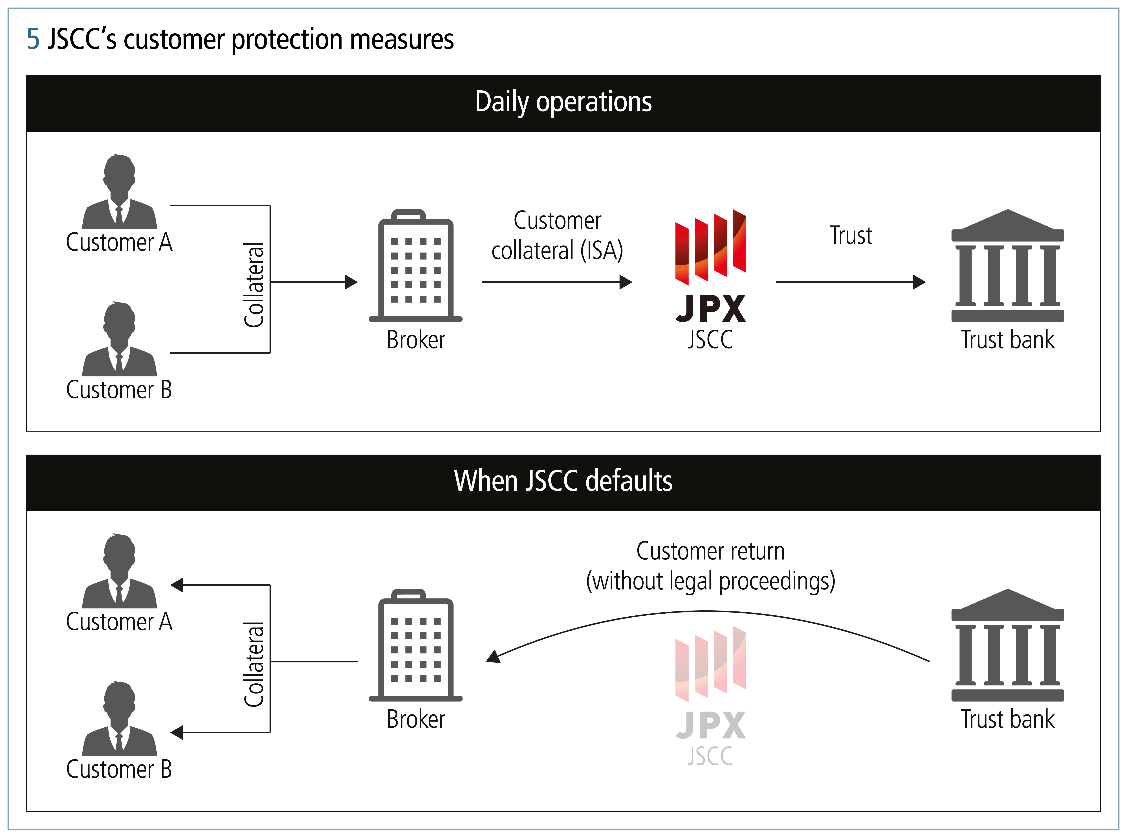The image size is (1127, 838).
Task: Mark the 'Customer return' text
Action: click(x=710, y=551)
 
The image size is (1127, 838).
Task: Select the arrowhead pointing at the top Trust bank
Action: click(x=919, y=282)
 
